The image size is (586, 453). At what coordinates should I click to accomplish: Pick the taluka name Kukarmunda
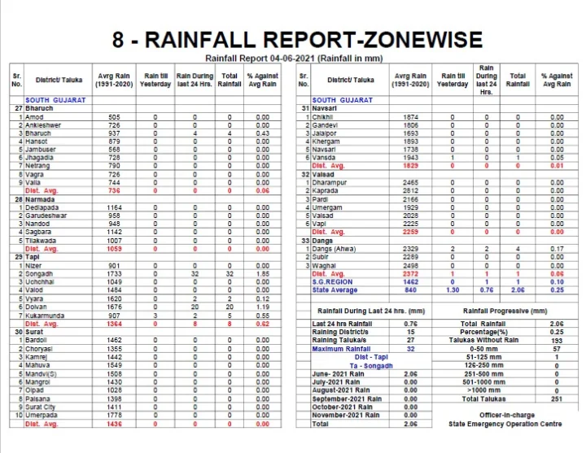(x=47, y=315)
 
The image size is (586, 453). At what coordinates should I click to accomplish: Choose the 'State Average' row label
(x=335, y=290)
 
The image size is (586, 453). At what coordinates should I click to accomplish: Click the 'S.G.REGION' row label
(x=332, y=281)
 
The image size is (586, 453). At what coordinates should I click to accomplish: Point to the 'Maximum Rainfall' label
(x=341, y=349)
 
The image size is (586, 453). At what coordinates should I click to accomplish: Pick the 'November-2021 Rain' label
(x=347, y=415)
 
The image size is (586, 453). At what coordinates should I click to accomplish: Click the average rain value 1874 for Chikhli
(x=409, y=117)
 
